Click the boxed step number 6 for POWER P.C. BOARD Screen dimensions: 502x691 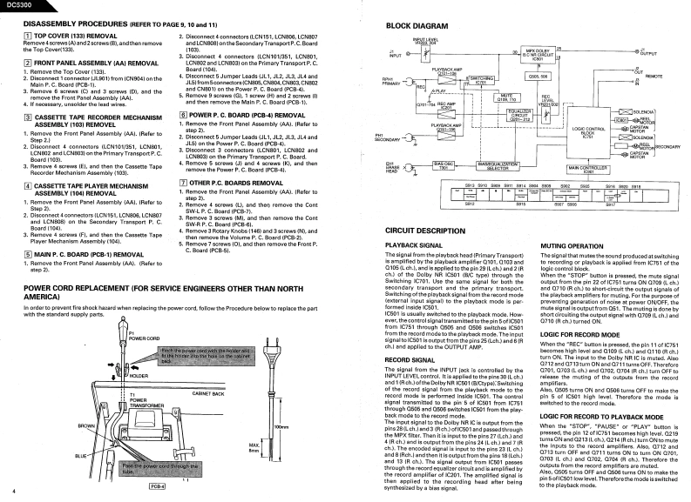click(182, 114)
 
